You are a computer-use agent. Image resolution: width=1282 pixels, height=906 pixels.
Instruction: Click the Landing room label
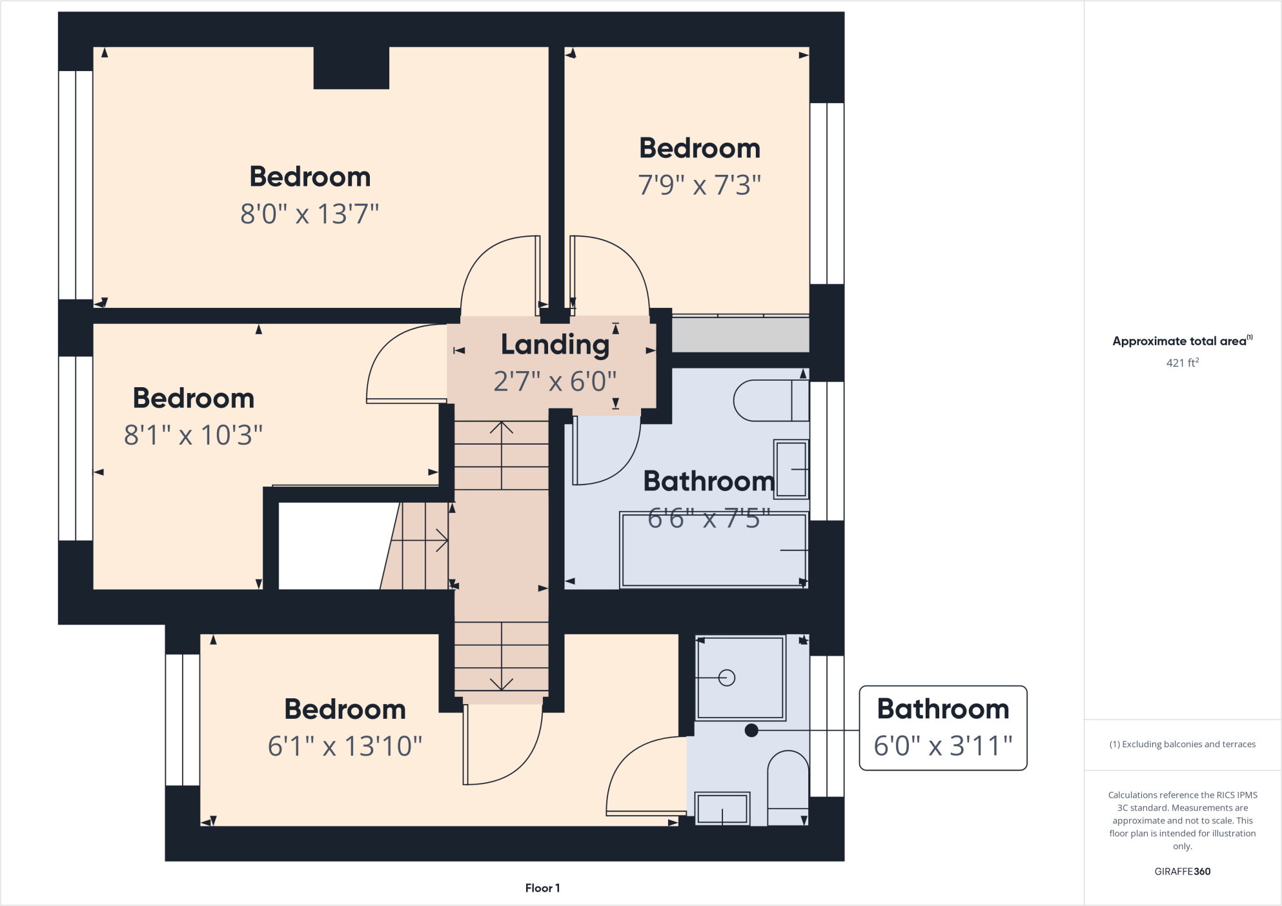click(x=555, y=345)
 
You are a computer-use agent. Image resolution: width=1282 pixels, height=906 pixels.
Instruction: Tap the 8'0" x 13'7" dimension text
click(x=309, y=214)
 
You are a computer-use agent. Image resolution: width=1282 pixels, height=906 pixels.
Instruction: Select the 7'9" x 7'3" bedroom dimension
click(x=699, y=185)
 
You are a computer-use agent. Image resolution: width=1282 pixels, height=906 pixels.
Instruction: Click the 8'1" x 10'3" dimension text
click(x=193, y=435)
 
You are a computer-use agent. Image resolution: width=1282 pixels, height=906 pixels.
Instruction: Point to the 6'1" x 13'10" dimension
click(x=345, y=746)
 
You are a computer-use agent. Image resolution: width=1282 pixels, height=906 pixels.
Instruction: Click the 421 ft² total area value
click(x=1182, y=363)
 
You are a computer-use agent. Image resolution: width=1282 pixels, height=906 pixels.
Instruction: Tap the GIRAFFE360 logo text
click(x=1182, y=871)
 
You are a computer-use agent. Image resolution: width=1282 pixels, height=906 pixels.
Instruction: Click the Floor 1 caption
click(x=542, y=888)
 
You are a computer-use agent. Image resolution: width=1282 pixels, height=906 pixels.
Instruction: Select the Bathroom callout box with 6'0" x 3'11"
click(x=942, y=728)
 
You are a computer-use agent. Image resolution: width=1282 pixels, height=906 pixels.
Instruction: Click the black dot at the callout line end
click(x=751, y=730)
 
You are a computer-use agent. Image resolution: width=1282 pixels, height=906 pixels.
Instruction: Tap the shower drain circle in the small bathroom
click(x=727, y=678)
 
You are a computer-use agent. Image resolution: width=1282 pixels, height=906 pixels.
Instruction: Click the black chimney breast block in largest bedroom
click(x=351, y=68)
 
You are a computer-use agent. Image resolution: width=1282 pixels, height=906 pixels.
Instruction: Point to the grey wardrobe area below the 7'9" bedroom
click(x=740, y=334)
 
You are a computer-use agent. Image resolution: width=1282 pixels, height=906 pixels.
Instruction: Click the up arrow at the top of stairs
click(x=502, y=428)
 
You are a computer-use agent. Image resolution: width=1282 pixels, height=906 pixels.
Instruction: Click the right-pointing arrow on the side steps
click(x=442, y=539)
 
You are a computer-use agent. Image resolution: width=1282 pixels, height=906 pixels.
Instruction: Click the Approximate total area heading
click(x=1180, y=341)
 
